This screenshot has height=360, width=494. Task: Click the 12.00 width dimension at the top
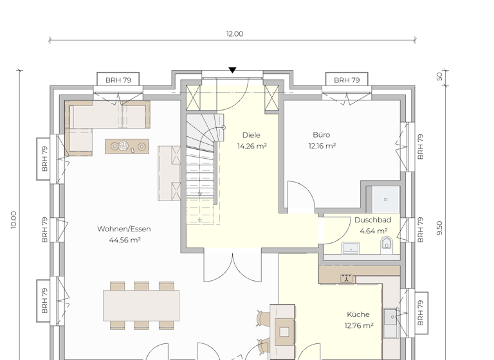click(234, 34)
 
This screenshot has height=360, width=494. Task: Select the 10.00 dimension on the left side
click(14, 220)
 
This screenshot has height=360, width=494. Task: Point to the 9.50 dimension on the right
click(440, 228)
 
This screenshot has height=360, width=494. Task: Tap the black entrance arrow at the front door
click(232, 70)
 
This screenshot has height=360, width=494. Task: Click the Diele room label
click(252, 135)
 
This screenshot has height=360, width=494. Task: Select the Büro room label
click(322, 135)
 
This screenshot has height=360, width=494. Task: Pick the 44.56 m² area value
click(125, 240)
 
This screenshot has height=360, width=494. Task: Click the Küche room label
click(358, 314)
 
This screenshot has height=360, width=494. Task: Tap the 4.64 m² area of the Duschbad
click(373, 231)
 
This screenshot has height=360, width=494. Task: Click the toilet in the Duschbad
click(387, 243)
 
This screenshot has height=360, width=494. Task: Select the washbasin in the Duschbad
click(351, 247)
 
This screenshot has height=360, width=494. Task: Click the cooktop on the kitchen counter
click(347, 278)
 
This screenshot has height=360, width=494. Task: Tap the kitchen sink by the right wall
click(390, 316)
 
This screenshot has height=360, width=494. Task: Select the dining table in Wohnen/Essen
click(142, 305)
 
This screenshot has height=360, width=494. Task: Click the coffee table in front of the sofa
click(127, 147)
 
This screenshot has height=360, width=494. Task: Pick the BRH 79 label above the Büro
click(347, 80)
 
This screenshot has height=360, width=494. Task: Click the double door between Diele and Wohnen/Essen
click(233, 266)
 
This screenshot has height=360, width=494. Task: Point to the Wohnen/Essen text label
click(124, 229)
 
